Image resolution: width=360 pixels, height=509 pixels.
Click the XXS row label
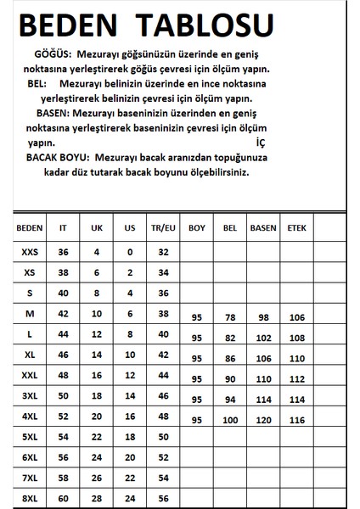[x=30, y=252]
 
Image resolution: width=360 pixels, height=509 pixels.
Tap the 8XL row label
[x=30, y=497]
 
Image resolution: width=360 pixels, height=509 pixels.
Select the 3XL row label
[x=30, y=395]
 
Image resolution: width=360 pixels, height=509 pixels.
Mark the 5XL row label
[x=30, y=436]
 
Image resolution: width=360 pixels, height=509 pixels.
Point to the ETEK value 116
[x=295, y=421]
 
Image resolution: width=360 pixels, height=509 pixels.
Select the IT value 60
[x=62, y=497]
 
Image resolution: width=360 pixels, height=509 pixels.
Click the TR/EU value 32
[x=164, y=252]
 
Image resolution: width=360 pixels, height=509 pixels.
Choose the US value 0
[x=130, y=252]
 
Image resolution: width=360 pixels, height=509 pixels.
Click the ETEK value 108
[x=295, y=338]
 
